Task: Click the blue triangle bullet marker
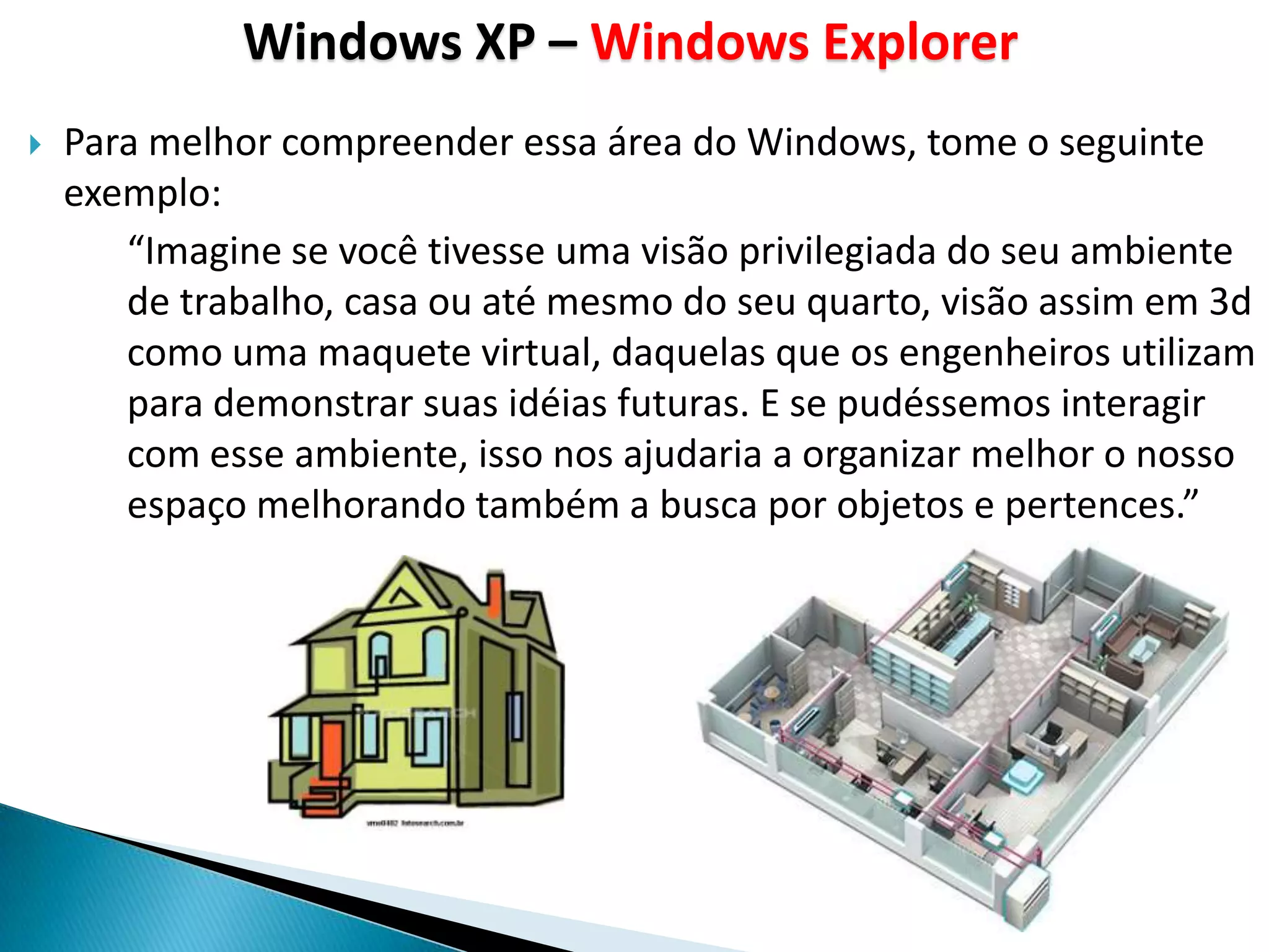click(35, 146)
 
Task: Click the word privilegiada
click(837, 252)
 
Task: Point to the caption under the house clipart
click(415, 823)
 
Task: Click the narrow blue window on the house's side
click(515, 716)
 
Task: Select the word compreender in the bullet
click(397, 143)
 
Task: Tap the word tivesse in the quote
click(486, 252)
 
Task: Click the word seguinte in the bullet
click(1131, 143)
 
